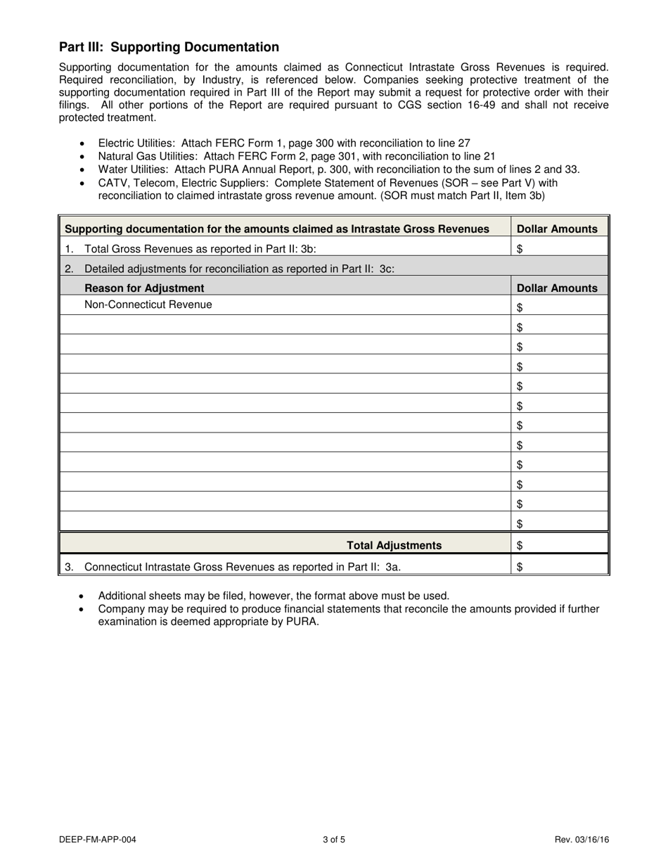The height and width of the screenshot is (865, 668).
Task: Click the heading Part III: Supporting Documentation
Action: coord(169,47)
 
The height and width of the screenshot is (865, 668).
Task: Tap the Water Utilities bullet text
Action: coord(338,169)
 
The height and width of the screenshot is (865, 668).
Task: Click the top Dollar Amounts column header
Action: coord(557,229)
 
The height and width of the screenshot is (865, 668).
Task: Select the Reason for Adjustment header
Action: coord(144,288)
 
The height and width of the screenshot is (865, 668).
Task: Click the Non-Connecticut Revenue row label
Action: coord(148,305)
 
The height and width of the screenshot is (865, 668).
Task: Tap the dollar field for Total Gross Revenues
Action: coord(560,248)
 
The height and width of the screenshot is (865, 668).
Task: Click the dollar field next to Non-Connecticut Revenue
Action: coord(560,307)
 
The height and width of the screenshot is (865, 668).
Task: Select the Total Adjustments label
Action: coord(394,545)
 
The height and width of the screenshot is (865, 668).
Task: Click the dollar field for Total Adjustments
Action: coord(560,545)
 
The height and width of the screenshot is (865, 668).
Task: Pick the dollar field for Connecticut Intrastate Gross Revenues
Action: coord(560,567)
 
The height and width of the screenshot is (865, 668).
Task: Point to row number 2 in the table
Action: coord(69,269)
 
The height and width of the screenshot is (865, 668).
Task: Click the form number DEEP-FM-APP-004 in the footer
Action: coord(98,840)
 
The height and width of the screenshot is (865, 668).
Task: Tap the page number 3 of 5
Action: coord(334,840)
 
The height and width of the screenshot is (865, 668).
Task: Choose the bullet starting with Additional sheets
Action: coord(273,596)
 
